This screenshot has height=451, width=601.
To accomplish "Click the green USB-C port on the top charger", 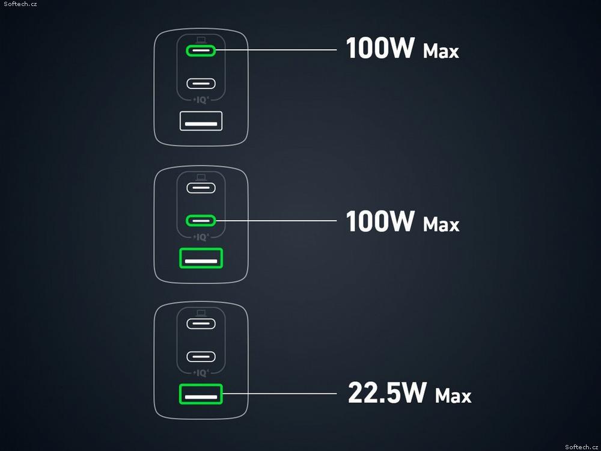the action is [x=201, y=51].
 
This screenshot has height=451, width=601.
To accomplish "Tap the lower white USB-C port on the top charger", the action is [x=201, y=83].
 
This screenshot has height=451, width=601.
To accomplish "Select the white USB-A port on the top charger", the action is [x=201, y=121].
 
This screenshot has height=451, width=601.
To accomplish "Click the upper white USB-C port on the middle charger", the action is [x=201, y=188].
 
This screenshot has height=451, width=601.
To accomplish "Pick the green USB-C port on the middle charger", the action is [x=201, y=221].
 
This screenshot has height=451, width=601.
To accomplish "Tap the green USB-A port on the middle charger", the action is [x=201, y=258].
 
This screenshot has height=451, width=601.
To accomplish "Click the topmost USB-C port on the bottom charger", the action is [x=201, y=324].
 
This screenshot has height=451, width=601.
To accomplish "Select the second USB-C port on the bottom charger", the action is [x=201, y=357].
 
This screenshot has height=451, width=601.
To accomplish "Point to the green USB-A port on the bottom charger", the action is [x=201, y=394].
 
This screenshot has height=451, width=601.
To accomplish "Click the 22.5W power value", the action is [x=387, y=392].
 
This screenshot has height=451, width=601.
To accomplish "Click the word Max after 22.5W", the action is [x=453, y=396].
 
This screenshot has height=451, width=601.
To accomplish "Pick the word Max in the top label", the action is [x=441, y=51].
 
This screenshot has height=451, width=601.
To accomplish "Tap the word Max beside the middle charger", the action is [x=441, y=224].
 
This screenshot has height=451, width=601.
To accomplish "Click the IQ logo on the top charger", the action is [x=201, y=100].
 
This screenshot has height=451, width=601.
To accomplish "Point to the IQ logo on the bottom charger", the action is [x=201, y=373].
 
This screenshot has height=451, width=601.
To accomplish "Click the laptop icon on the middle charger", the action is [x=201, y=177].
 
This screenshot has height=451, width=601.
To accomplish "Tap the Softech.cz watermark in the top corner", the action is [x=20, y=4].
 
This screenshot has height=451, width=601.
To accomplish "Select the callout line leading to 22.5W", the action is [x=279, y=393].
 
